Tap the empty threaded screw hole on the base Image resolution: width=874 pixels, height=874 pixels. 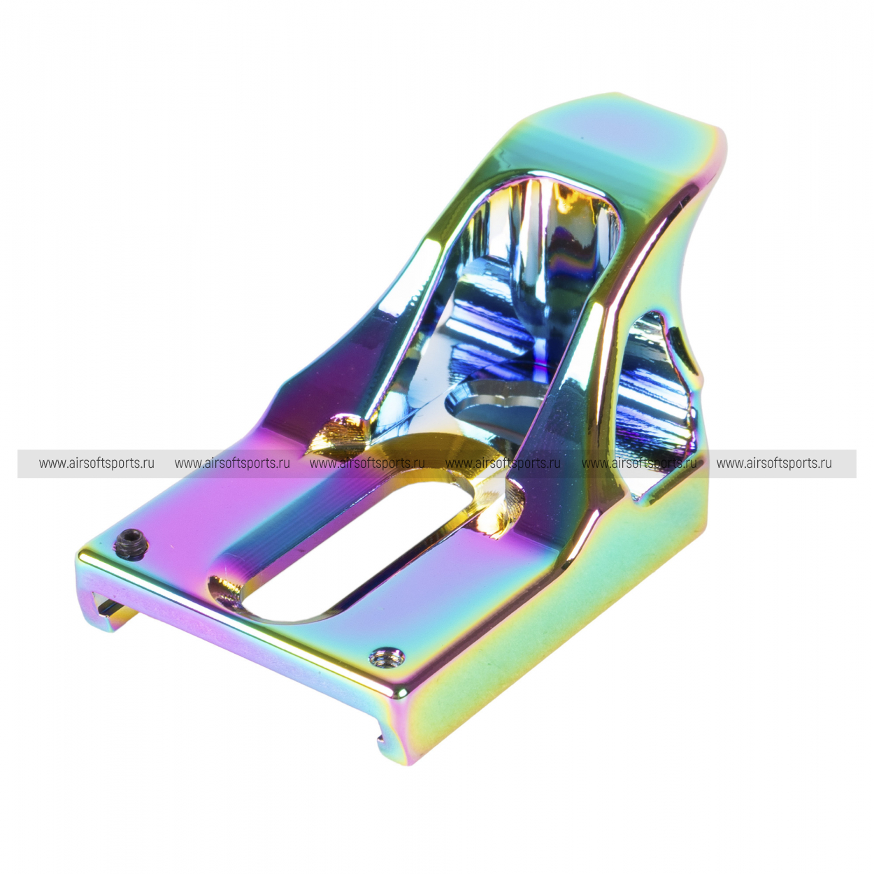[x=387, y=655]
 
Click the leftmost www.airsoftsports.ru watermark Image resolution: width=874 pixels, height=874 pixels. [x=96, y=463]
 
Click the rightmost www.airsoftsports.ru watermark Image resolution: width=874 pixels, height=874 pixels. [x=774, y=463]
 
